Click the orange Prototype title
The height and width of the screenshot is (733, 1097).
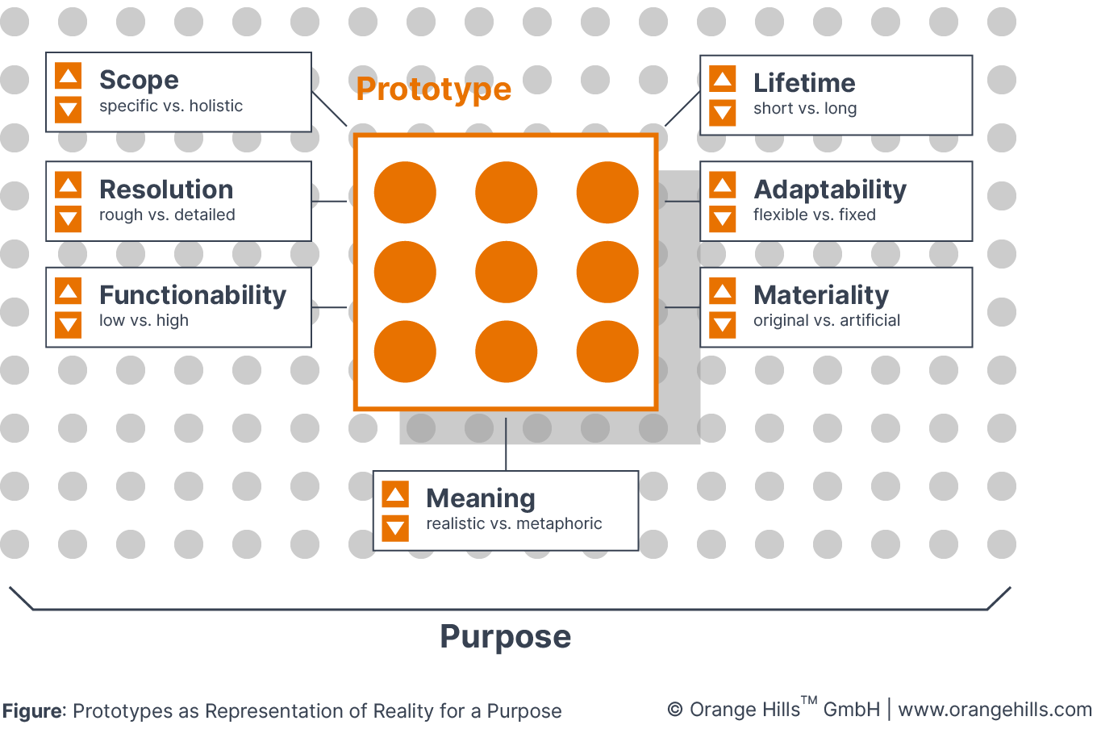click(x=433, y=90)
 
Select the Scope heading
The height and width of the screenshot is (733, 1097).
click(x=139, y=80)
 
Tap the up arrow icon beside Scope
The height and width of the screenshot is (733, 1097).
click(x=69, y=77)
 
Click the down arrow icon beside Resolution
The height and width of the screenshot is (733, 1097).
click(x=69, y=219)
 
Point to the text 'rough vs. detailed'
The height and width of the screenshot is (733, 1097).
click(x=167, y=215)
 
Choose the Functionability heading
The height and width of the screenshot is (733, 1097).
click(x=193, y=295)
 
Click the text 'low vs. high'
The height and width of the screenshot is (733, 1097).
click(x=144, y=321)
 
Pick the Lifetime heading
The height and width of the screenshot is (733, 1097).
click(x=804, y=83)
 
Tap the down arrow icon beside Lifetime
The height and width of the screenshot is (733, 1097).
click(x=723, y=113)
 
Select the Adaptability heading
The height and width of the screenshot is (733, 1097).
click(x=830, y=189)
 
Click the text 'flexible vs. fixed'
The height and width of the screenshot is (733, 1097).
click(x=815, y=215)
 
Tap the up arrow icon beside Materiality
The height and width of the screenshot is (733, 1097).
click(x=723, y=292)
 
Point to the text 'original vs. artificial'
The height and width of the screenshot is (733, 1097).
click(x=827, y=321)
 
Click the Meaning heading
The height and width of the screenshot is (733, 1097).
click(x=481, y=498)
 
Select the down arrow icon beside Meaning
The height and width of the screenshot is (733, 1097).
click(x=395, y=528)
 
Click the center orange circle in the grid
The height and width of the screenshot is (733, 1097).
click(x=507, y=273)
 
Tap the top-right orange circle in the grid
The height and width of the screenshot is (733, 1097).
click(x=607, y=193)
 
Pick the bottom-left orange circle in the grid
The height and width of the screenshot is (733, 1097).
click(x=405, y=352)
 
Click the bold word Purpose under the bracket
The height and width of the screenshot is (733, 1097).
click(x=506, y=637)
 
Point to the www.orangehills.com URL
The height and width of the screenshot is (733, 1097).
click(x=995, y=710)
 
